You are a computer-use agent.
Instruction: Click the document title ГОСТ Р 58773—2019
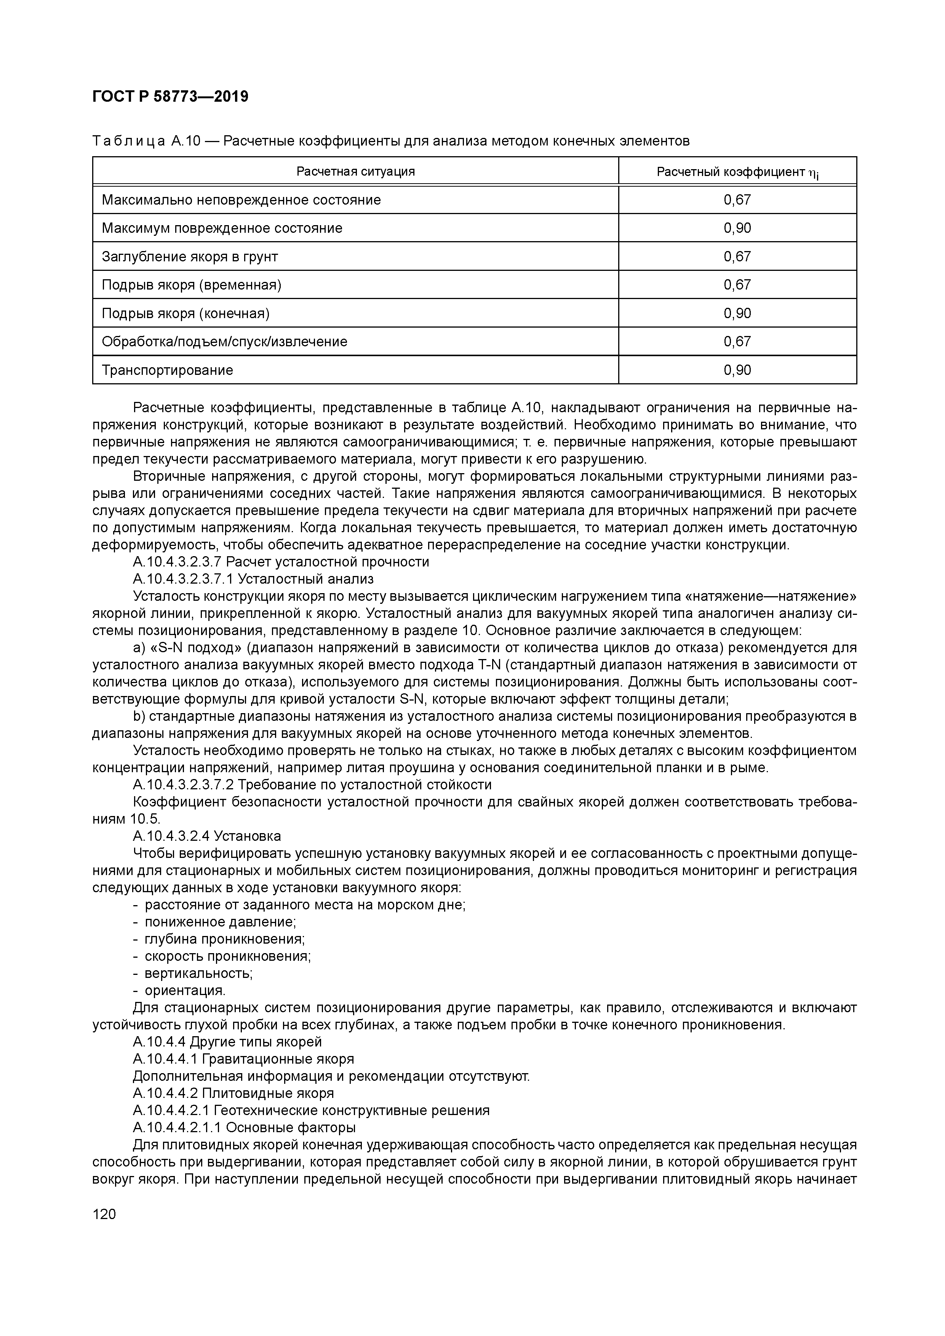(170, 97)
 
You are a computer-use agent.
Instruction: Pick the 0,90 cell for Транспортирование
(737, 370)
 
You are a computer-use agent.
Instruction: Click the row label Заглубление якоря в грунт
(190, 257)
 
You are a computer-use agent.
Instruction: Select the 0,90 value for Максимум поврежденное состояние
(737, 228)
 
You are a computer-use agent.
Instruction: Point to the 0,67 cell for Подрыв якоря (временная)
(737, 285)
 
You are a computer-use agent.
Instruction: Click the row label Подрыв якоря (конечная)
(185, 314)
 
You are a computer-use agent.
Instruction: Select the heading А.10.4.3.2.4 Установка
(206, 836)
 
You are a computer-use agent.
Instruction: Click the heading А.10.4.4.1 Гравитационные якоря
(243, 1059)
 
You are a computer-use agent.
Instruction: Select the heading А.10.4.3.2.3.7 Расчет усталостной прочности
(281, 562)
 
